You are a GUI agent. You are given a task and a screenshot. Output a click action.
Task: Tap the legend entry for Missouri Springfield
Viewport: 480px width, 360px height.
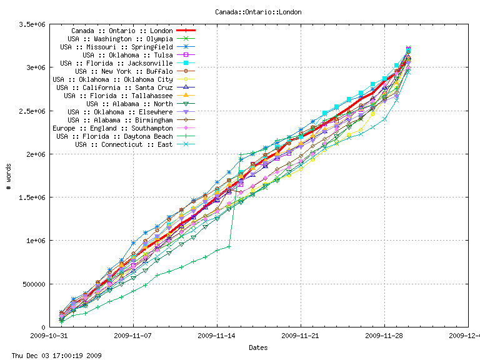click(116, 47)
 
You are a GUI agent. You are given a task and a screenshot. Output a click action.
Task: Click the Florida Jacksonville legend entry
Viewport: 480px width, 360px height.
click(116, 63)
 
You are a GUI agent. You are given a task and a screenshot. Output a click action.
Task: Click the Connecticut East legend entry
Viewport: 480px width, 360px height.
click(124, 144)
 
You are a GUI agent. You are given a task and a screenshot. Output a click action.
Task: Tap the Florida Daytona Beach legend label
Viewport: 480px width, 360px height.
click(114, 136)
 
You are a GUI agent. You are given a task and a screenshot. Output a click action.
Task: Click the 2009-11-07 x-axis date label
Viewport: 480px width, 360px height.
click(134, 336)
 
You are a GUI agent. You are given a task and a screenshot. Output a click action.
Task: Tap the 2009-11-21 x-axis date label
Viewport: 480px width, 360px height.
click(301, 336)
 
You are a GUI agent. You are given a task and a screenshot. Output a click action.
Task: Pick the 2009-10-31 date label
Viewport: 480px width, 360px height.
click(50, 336)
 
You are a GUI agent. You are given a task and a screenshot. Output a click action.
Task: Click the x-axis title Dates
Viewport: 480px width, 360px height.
click(258, 347)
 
